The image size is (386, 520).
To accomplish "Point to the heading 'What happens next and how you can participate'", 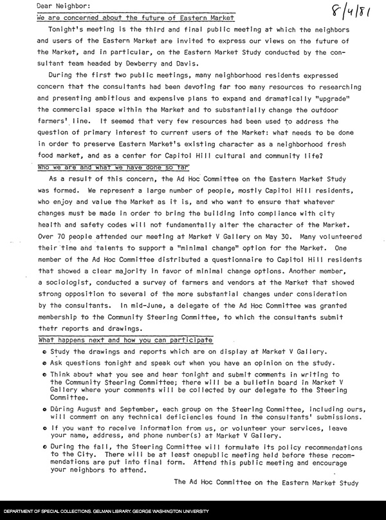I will pyautogui.click(x=125, y=340).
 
